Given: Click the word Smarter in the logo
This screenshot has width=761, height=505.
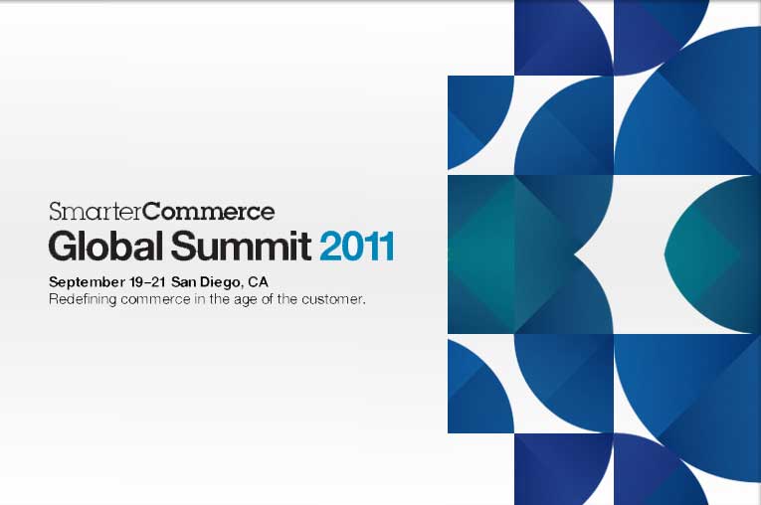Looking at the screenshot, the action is [x=96, y=211].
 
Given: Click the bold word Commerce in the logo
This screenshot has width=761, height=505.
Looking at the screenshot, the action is [x=209, y=211].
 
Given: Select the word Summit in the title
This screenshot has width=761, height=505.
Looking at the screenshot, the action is [x=241, y=246].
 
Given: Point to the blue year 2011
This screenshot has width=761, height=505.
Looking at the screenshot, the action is [x=357, y=247].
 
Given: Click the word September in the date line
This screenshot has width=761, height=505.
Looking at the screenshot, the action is [x=87, y=282].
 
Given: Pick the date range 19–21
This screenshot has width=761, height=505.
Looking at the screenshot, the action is [x=148, y=282].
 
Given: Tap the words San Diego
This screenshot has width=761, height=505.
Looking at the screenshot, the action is [x=206, y=282].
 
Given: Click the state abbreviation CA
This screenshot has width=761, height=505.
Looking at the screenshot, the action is [x=258, y=282].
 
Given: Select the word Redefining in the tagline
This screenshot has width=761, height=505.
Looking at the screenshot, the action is [x=83, y=299].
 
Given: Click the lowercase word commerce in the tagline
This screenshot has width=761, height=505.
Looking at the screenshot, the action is [x=155, y=300].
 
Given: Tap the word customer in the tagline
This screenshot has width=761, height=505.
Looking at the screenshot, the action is [x=332, y=300].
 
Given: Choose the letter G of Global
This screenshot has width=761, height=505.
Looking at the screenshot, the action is [x=62, y=247].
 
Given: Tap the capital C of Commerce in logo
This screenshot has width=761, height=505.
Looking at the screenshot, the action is [x=153, y=212].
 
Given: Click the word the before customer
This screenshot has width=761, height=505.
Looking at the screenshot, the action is [x=287, y=299].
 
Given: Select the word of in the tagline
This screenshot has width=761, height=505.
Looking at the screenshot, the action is [x=267, y=299].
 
